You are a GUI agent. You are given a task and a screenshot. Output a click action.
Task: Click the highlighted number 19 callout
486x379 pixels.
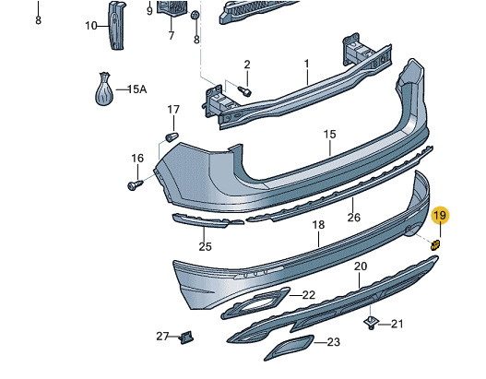tap(440, 215)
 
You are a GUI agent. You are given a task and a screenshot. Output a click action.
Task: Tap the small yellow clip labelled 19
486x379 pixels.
tap(435, 245)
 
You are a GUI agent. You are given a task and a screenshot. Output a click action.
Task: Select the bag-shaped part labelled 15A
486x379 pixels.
tap(104, 89)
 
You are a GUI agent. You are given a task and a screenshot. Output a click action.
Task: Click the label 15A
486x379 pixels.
tap(137, 89)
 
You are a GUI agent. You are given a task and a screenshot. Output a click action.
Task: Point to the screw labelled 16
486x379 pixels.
tap(135, 184)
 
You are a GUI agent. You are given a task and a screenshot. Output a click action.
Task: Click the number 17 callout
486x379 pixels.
tap(173, 110)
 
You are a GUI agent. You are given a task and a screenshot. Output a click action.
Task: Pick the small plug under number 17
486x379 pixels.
tap(172, 136)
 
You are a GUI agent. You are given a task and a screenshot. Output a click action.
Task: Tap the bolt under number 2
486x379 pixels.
tap(244, 90)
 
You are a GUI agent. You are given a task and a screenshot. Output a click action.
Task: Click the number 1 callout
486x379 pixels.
tap(306, 64)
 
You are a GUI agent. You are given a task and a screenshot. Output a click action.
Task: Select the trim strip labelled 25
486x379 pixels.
tap(208, 220)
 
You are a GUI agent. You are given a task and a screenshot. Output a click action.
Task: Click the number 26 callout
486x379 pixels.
tap(353, 218)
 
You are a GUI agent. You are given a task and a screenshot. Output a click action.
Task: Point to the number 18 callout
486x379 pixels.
tap(319, 225)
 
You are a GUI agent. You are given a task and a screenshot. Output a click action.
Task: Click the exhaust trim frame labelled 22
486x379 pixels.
tap(255, 303)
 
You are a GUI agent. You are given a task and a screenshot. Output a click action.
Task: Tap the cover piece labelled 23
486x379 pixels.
tap(289, 348)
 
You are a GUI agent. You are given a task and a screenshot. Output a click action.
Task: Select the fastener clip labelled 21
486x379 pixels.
tap(372, 323)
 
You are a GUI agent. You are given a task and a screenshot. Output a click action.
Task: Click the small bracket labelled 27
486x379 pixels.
tap(186, 338)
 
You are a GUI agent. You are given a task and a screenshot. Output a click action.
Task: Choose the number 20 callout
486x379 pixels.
tap(361, 266)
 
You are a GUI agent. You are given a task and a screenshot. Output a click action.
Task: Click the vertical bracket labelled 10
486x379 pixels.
tap(116, 26)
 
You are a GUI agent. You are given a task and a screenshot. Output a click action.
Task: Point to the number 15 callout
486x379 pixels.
tap(329, 135)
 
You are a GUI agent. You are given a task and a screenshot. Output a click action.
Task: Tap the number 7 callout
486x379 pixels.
tap(172, 35)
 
